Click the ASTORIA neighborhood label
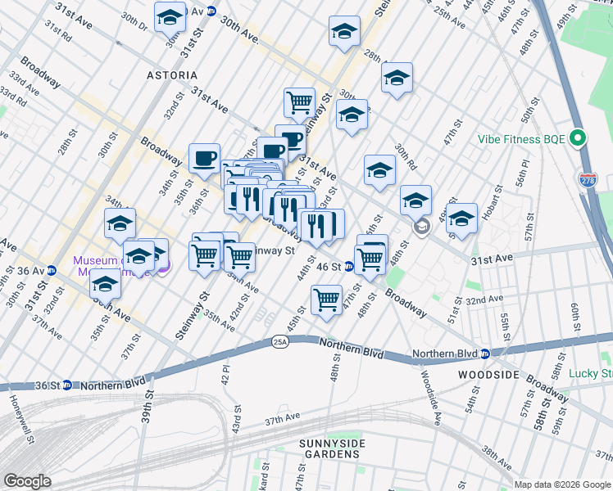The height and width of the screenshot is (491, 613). [172, 75]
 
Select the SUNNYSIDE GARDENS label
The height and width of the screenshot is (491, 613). [331, 449]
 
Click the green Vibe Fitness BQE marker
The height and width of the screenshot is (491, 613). [579, 138]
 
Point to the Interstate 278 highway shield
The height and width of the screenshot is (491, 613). [587, 179]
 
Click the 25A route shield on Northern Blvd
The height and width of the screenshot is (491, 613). [279, 345]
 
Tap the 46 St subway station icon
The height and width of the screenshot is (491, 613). [348, 266]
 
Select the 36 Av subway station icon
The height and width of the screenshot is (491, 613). [52, 270]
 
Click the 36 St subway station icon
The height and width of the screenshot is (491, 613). [66, 385]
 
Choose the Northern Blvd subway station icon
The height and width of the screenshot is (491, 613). [484, 354]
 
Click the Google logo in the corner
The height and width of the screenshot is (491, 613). [27, 481]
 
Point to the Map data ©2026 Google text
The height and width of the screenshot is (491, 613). [562, 484]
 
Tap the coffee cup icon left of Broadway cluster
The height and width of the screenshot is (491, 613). [204, 157]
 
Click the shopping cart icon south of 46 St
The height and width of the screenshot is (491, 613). [327, 300]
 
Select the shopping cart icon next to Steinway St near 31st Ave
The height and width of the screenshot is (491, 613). [300, 102]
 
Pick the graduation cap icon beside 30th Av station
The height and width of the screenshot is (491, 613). [170, 16]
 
